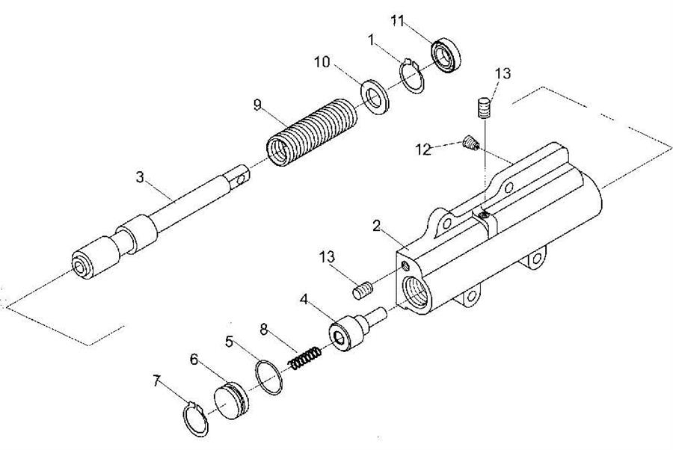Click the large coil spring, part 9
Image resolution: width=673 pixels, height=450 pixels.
point(312,132)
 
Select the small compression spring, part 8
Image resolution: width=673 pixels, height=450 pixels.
point(305,359)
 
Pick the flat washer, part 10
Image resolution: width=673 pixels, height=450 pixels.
point(375,97)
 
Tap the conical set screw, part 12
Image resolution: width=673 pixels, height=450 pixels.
point(471,144)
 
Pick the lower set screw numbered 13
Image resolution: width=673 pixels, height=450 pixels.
point(363,289)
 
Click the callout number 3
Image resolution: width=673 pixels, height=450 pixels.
point(140,176)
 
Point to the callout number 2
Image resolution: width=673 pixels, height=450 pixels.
point(376,226)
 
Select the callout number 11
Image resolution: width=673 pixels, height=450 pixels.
point(398,21)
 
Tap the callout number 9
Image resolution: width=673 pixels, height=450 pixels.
point(257,105)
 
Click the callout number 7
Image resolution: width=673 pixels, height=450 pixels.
point(157,380)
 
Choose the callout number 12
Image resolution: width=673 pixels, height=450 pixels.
point(423,150)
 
